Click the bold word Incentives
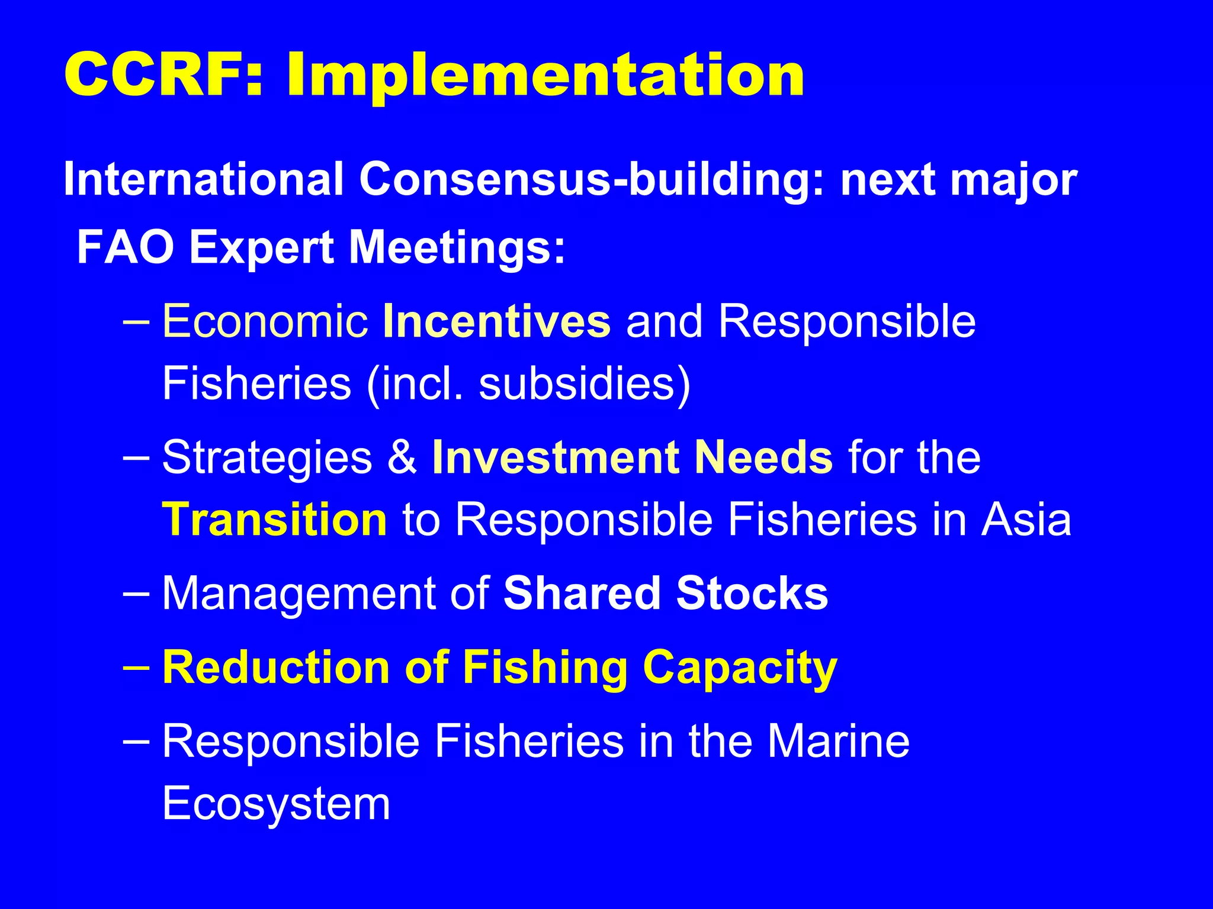coord(496,321)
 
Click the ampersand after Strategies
coord(403,457)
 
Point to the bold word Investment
coord(555,457)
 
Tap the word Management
coord(299,594)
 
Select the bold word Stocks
coord(752,594)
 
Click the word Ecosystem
coord(276,804)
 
